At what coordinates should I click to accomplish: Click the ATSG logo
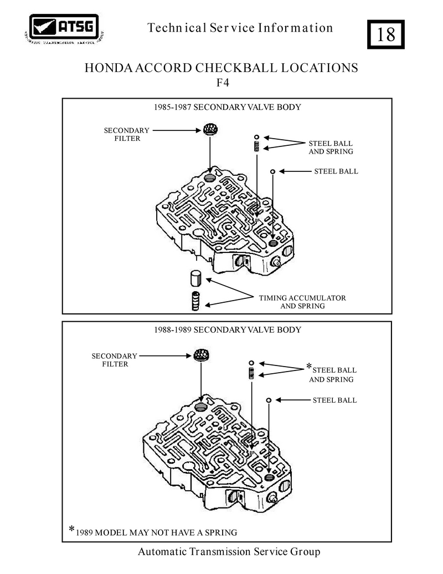point(64,28)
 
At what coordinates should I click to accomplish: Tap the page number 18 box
point(385,34)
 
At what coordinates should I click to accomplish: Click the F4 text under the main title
point(223,83)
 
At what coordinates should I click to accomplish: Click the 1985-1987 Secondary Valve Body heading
point(228,107)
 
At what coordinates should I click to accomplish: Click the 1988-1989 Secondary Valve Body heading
point(228,330)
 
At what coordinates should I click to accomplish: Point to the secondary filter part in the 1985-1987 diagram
point(210,129)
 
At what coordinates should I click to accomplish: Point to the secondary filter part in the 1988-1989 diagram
point(201,355)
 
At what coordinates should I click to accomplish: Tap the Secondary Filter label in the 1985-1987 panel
point(127,134)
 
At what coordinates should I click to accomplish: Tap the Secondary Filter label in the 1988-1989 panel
point(115,360)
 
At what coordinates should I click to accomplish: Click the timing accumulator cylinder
point(196,278)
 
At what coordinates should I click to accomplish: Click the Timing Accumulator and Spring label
point(303,302)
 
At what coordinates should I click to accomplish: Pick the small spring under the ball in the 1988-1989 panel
point(251,374)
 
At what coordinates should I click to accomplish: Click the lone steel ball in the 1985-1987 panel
point(272,171)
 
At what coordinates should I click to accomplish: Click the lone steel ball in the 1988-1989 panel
point(269,400)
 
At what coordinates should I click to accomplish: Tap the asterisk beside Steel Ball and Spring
point(309,365)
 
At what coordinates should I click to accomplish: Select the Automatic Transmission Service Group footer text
point(229,552)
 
